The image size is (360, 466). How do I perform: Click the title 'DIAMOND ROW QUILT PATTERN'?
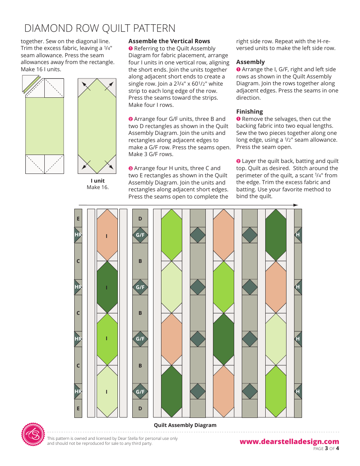tap(100, 28)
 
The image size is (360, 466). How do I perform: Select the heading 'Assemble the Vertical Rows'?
tap(169, 41)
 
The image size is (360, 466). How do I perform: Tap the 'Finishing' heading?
tap(249, 111)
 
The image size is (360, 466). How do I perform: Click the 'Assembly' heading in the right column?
tap(250, 62)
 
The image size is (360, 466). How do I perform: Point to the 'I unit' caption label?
tap(97, 181)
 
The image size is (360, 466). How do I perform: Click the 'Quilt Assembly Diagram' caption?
tap(185, 425)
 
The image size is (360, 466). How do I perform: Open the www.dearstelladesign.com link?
tap(289, 441)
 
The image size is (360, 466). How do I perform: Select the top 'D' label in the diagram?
tap(140, 219)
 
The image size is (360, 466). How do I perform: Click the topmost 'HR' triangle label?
tap(78, 235)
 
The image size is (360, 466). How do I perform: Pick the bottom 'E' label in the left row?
tap(78, 408)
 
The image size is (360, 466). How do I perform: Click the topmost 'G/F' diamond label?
tap(140, 235)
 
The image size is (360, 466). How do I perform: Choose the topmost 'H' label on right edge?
tap(298, 235)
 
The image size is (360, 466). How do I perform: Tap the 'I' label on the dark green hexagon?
tap(107, 288)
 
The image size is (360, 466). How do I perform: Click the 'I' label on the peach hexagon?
tap(107, 236)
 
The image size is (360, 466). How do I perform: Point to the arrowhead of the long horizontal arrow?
tap(296, 205)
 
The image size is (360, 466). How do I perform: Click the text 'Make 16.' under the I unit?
tap(97, 187)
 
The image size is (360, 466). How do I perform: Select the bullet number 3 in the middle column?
tap(131, 168)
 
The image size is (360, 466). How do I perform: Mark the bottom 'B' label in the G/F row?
tap(140, 366)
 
